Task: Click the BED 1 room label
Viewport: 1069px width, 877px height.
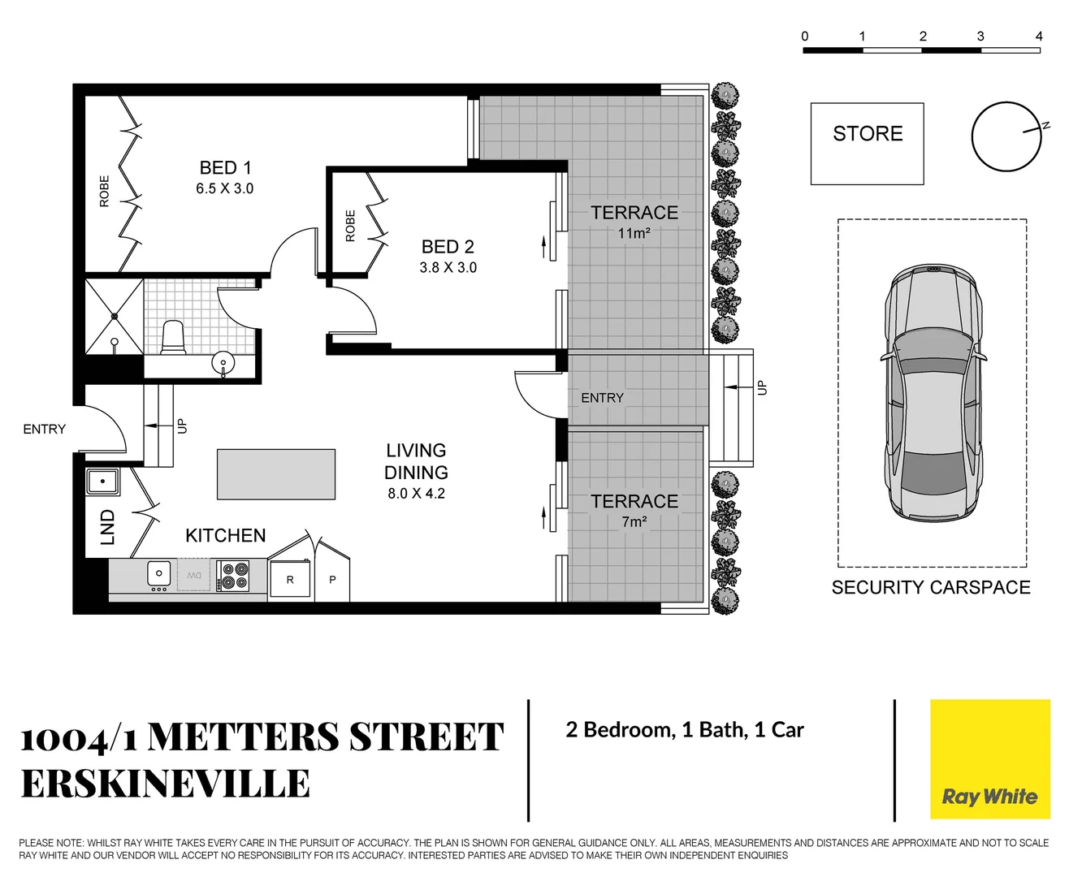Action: pyautogui.click(x=225, y=168)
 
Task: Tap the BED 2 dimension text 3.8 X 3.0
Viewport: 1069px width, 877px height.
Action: pyautogui.click(x=448, y=268)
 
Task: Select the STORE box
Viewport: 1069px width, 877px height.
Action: pyautogui.click(x=867, y=143)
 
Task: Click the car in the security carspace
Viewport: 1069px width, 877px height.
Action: pyautogui.click(x=933, y=392)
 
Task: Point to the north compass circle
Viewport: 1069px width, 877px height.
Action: pyautogui.click(x=1006, y=136)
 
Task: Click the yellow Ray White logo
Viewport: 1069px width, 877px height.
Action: pyautogui.click(x=989, y=759)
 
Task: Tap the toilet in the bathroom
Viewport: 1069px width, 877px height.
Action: pyautogui.click(x=173, y=337)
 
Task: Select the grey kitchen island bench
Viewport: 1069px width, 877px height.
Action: pyautogui.click(x=276, y=474)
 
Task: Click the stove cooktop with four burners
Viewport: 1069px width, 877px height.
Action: pyautogui.click(x=233, y=576)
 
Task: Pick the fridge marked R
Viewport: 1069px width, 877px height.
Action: pyautogui.click(x=290, y=580)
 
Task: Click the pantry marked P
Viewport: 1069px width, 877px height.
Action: pyautogui.click(x=332, y=580)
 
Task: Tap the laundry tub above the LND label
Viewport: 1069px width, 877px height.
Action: pyautogui.click(x=103, y=482)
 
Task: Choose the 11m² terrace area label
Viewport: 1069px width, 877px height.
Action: pyautogui.click(x=634, y=234)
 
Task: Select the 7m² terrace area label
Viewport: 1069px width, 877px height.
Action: pyautogui.click(x=634, y=522)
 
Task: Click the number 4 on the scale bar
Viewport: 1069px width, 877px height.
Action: pyautogui.click(x=1038, y=36)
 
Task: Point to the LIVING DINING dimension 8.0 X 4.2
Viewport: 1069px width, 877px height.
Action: pyautogui.click(x=416, y=494)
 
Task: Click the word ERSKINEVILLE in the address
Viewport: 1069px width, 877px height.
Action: pyautogui.click(x=166, y=784)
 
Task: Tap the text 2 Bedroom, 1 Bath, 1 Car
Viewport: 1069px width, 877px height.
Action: pyautogui.click(x=684, y=730)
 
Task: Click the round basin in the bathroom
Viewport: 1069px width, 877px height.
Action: pyautogui.click(x=223, y=362)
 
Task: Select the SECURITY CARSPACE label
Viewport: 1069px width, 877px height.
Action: pyautogui.click(x=931, y=587)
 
